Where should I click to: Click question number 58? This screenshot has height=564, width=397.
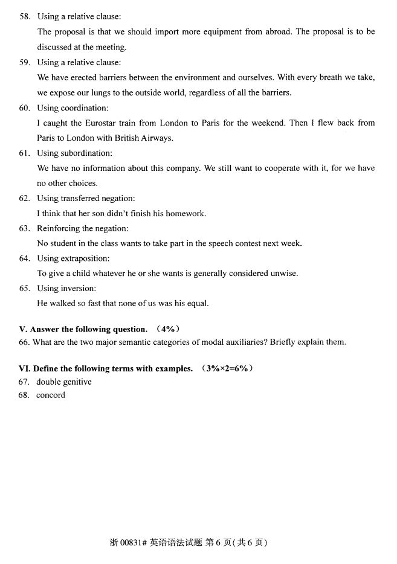tap(24, 16)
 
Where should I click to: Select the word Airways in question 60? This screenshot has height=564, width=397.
tap(157, 138)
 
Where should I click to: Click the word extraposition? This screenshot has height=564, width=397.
tap(85, 258)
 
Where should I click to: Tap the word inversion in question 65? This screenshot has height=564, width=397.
tap(79, 289)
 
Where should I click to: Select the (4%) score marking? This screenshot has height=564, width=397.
tap(168, 329)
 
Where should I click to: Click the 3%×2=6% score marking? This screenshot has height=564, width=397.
tap(227, 368)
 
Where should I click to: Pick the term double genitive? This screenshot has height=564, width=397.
tap(64, 382)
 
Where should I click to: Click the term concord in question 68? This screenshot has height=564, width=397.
tap(51, 395)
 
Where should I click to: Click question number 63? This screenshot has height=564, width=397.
tap(24, 228)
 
